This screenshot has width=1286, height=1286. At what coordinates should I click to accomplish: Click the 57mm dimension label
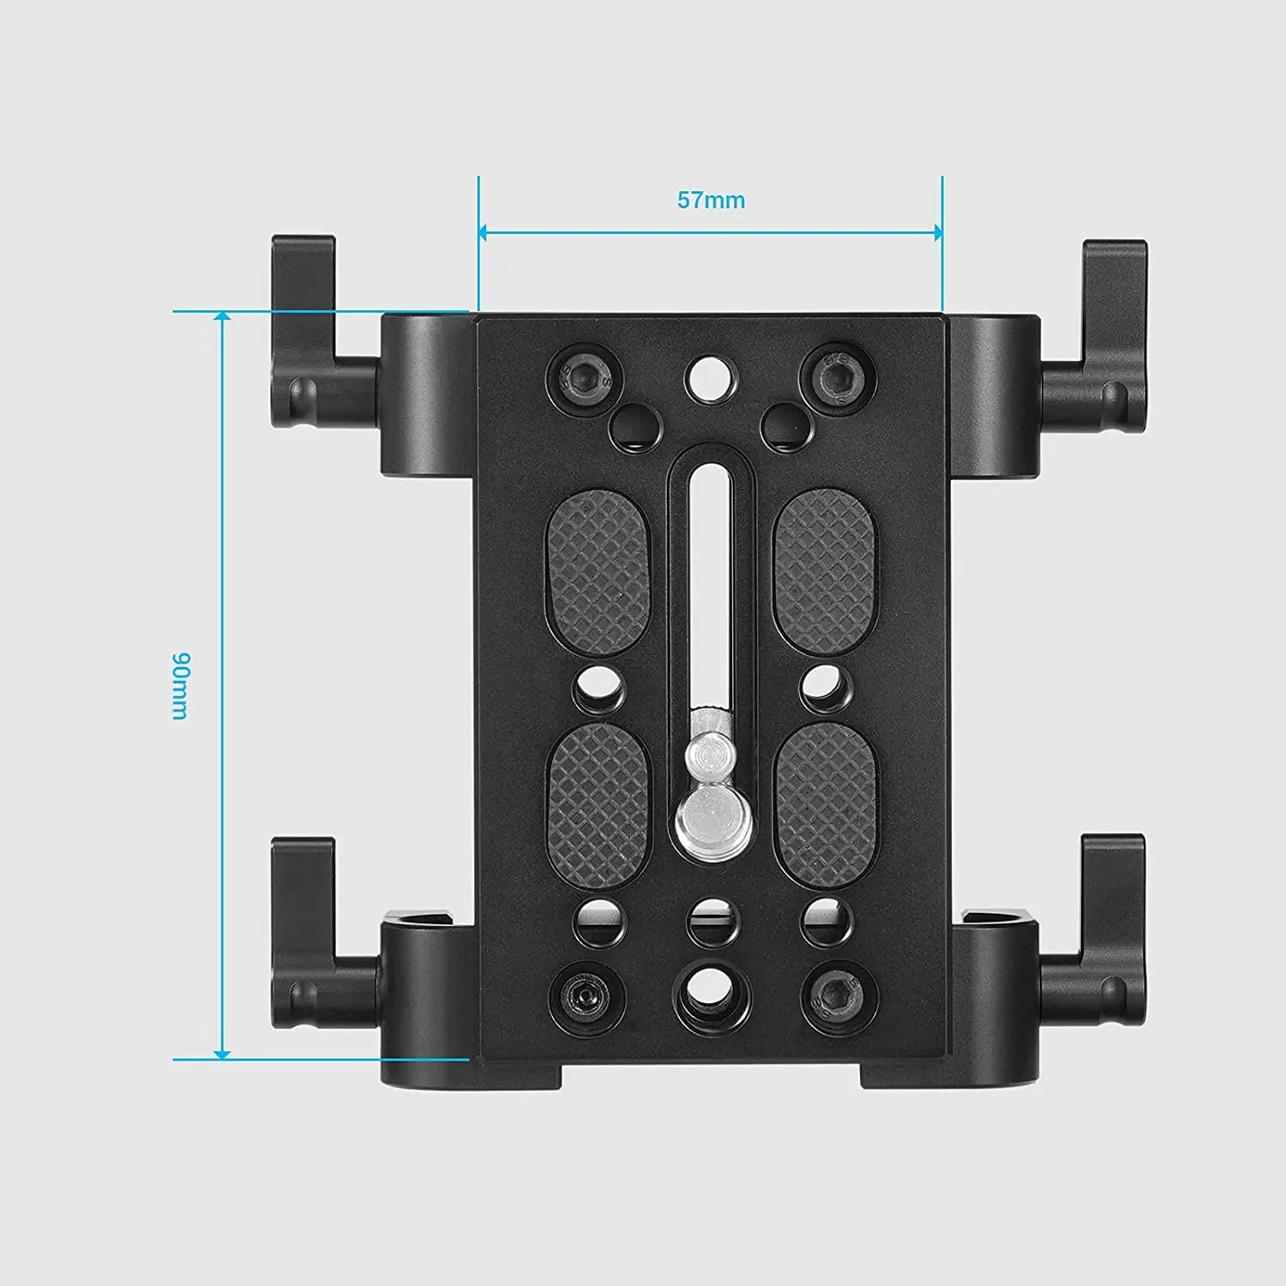pos(711,200)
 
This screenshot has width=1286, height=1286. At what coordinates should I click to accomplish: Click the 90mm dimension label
pos(180,686)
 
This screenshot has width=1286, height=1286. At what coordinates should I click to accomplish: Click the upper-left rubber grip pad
pos(598,573)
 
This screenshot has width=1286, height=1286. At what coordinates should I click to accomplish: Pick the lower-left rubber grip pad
pos(598,806)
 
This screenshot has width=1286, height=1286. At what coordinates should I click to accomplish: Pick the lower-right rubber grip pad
pos(825,806)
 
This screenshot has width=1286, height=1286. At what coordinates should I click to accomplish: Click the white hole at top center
pos(711,376)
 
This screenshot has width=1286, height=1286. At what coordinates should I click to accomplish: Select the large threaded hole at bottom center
pos(712,995)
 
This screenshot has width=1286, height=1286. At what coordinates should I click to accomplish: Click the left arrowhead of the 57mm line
pos(483,232)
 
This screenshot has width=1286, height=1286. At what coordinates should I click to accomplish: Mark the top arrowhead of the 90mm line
pos(222,317)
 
